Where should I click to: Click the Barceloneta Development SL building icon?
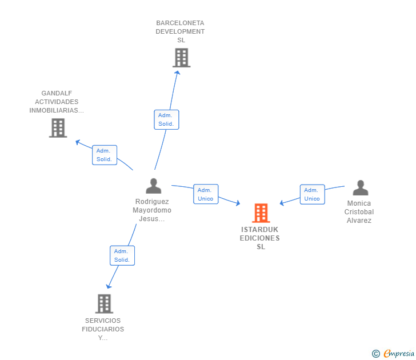pos(181,58)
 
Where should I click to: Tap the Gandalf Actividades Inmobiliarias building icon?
pos(58,128)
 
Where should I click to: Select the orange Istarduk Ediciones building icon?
pos(261,213)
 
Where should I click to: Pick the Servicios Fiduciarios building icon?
pos(104,303)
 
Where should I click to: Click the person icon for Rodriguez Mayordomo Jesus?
pos(153,186)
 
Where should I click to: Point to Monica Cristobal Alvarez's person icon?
pos(360,188)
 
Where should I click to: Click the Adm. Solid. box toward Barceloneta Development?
pos(166,119)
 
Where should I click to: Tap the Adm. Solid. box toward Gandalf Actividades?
pos(105,155)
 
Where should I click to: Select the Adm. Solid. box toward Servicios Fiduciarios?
pos(122,255)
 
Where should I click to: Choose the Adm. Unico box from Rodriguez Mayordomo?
pos(206,194)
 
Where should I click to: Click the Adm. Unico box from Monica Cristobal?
pos(312,194)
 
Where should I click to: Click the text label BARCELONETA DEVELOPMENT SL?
pos(180,31)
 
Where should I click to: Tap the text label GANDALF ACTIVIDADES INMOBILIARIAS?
pos(57,102)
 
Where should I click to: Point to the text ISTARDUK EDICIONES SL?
pos(261,238)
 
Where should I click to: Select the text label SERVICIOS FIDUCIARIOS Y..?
pos(103,329)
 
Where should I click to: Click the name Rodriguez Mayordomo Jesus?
pos(152,210)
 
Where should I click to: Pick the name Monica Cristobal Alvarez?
pos(358,212)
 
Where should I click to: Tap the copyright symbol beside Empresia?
pos(376,354)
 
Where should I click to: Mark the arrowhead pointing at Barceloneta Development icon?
pos(177,73)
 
